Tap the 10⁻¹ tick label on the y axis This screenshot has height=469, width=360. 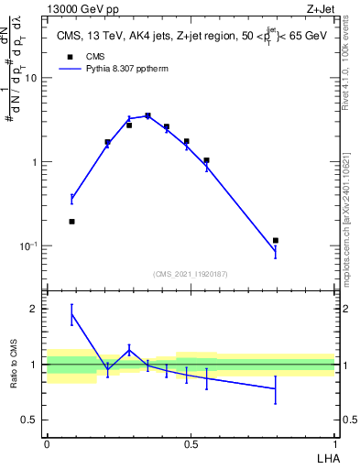coord(30,246)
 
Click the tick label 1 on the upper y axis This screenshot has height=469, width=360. coord(36,162)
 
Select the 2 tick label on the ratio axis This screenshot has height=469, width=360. coord(36,310)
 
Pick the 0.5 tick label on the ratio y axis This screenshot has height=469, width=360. coord(32,420)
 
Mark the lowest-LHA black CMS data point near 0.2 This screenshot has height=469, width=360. coord(71,222)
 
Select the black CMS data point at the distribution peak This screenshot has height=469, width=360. coord(147,116)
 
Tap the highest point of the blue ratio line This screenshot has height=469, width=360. coord(71,314)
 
